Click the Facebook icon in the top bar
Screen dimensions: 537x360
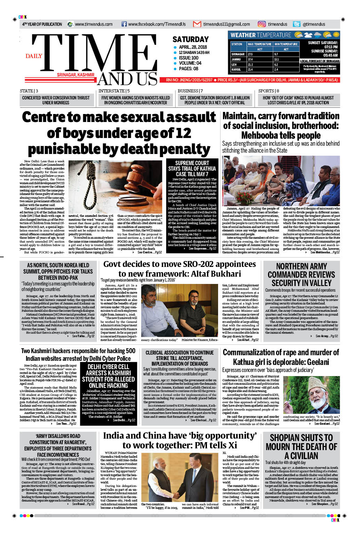[124, 24]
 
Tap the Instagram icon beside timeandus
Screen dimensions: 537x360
[262, 24]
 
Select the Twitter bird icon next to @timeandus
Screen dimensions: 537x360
[297, 24]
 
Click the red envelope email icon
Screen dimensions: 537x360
[197, 24]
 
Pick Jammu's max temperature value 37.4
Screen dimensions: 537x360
[250, 59]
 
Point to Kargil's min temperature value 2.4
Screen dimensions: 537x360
[276, 70]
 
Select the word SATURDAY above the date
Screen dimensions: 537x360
[191, 39]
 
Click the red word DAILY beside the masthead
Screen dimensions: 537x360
[34, 56]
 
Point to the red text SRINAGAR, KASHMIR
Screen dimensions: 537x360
[75, 75]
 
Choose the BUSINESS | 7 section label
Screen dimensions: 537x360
[190, 91]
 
